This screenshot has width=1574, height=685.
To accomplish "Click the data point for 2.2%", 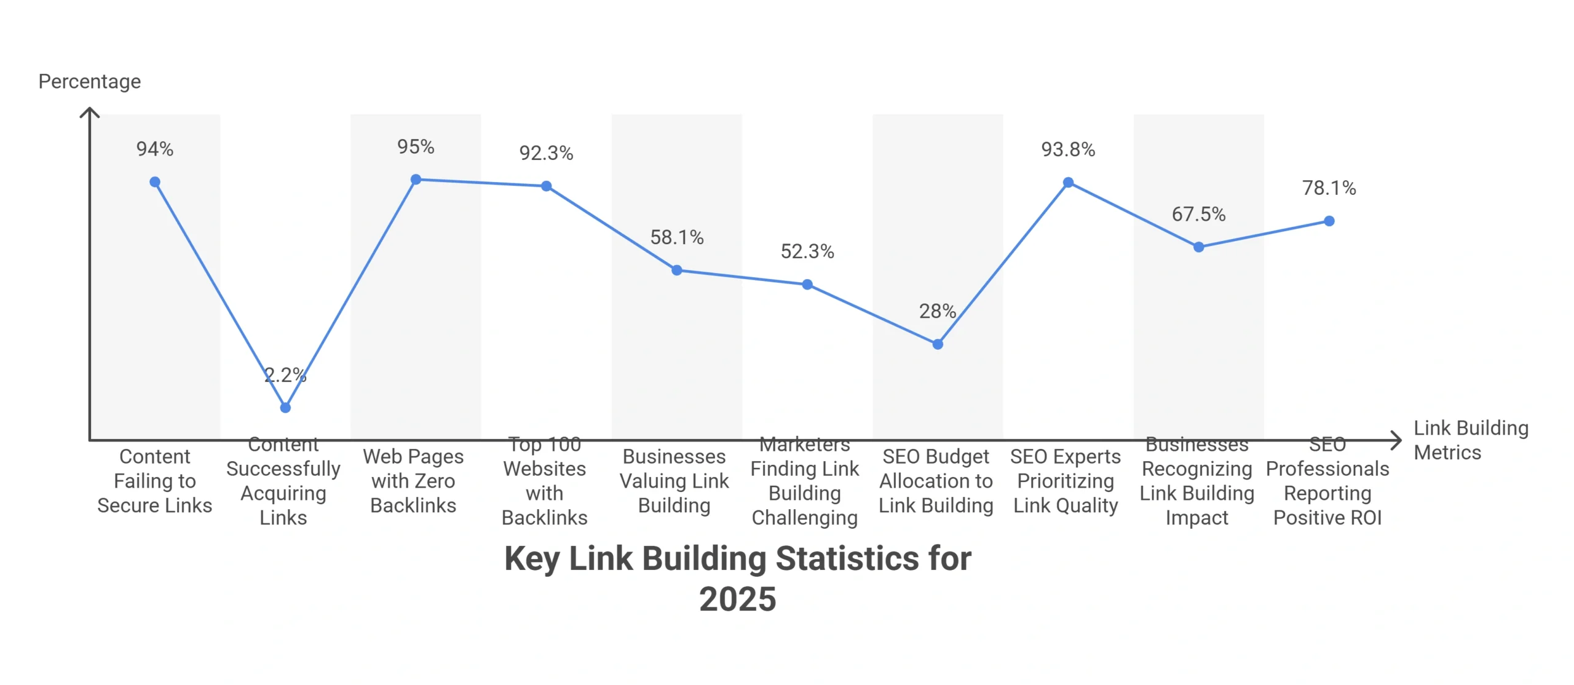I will pos(285,408).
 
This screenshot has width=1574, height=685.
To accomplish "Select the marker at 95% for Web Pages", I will pos(416,180).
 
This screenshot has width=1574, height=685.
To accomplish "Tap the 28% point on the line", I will pos(938,344).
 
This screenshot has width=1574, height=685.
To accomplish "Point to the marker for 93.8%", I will pos(1068,183).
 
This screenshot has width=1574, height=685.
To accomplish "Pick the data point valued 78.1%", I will pos(1329,221).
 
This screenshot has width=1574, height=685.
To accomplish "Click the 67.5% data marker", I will pos(1198,247).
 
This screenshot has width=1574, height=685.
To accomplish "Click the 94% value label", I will pos(155,149).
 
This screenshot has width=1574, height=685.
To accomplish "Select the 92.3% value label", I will pos(546,153).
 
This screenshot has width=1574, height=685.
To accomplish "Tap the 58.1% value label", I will pos(676,237).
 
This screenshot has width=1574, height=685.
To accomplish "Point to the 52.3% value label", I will pos(807,251).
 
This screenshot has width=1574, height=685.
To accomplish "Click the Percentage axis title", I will pos(90,82).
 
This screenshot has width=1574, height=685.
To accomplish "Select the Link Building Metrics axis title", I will pos(1470,440).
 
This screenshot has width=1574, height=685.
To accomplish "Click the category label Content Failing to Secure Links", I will pos(155,481).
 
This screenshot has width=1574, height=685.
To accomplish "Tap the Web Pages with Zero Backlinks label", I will pos(413,481).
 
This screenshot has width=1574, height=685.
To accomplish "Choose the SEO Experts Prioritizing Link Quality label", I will pos(1066,481).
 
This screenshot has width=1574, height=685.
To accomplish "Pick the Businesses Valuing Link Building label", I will pos(674,481).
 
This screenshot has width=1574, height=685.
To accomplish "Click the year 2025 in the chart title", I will pos(738,599).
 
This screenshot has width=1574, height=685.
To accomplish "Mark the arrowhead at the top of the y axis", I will pos(90,111).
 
